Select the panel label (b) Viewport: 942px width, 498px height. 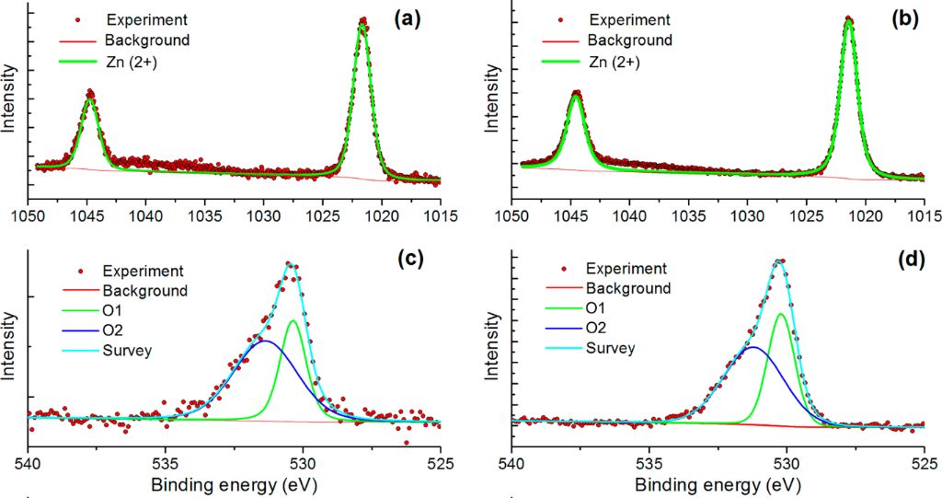900,17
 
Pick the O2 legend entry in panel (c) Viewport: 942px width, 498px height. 114,330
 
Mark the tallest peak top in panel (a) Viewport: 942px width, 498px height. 362,20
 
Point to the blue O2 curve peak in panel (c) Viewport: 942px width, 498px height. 265,341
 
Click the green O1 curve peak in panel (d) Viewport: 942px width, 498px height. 781,314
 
